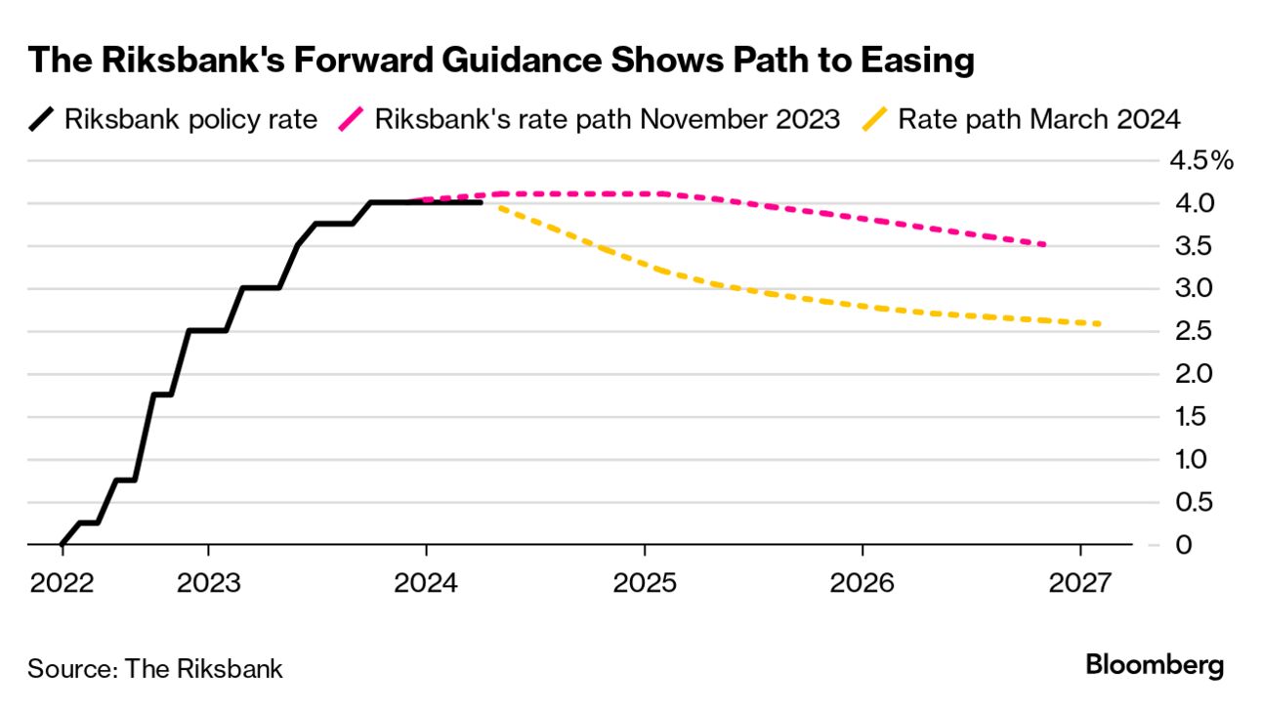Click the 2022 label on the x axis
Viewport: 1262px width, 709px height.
(62, 583)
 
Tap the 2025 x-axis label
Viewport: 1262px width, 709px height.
(644, 583)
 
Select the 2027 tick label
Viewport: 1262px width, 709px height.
(1079, 583)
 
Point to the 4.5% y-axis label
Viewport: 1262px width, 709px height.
(1201, 161)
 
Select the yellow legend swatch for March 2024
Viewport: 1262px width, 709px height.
(876, 120)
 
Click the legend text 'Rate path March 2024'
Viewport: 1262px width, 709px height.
(1039, 120)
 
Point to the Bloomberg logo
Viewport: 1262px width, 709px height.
(1155, 666)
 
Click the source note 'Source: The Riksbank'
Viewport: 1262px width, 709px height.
(155, 669)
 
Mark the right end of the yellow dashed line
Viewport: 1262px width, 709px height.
(1100, 324)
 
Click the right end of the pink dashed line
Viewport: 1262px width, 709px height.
(1045, 244)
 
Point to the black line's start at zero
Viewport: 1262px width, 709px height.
(62, 544)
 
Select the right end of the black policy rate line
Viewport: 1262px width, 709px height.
(482, 202)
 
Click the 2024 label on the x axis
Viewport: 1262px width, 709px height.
(426, 583)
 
